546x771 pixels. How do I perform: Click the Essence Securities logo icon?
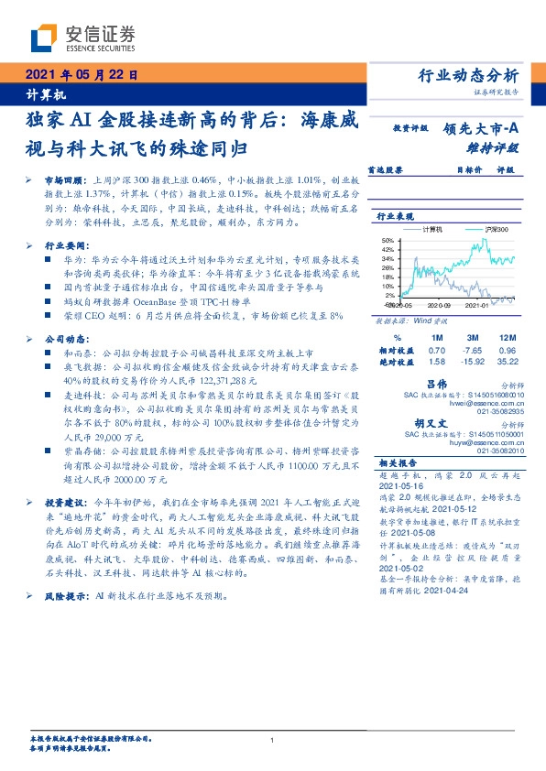[x=44, y=36]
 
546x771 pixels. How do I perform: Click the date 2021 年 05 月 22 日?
[x=81, y=76]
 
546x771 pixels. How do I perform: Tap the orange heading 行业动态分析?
[x=468, y=76]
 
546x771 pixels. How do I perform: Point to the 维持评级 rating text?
[x=494, y=147]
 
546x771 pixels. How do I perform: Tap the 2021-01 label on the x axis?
[x=475, y=306]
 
